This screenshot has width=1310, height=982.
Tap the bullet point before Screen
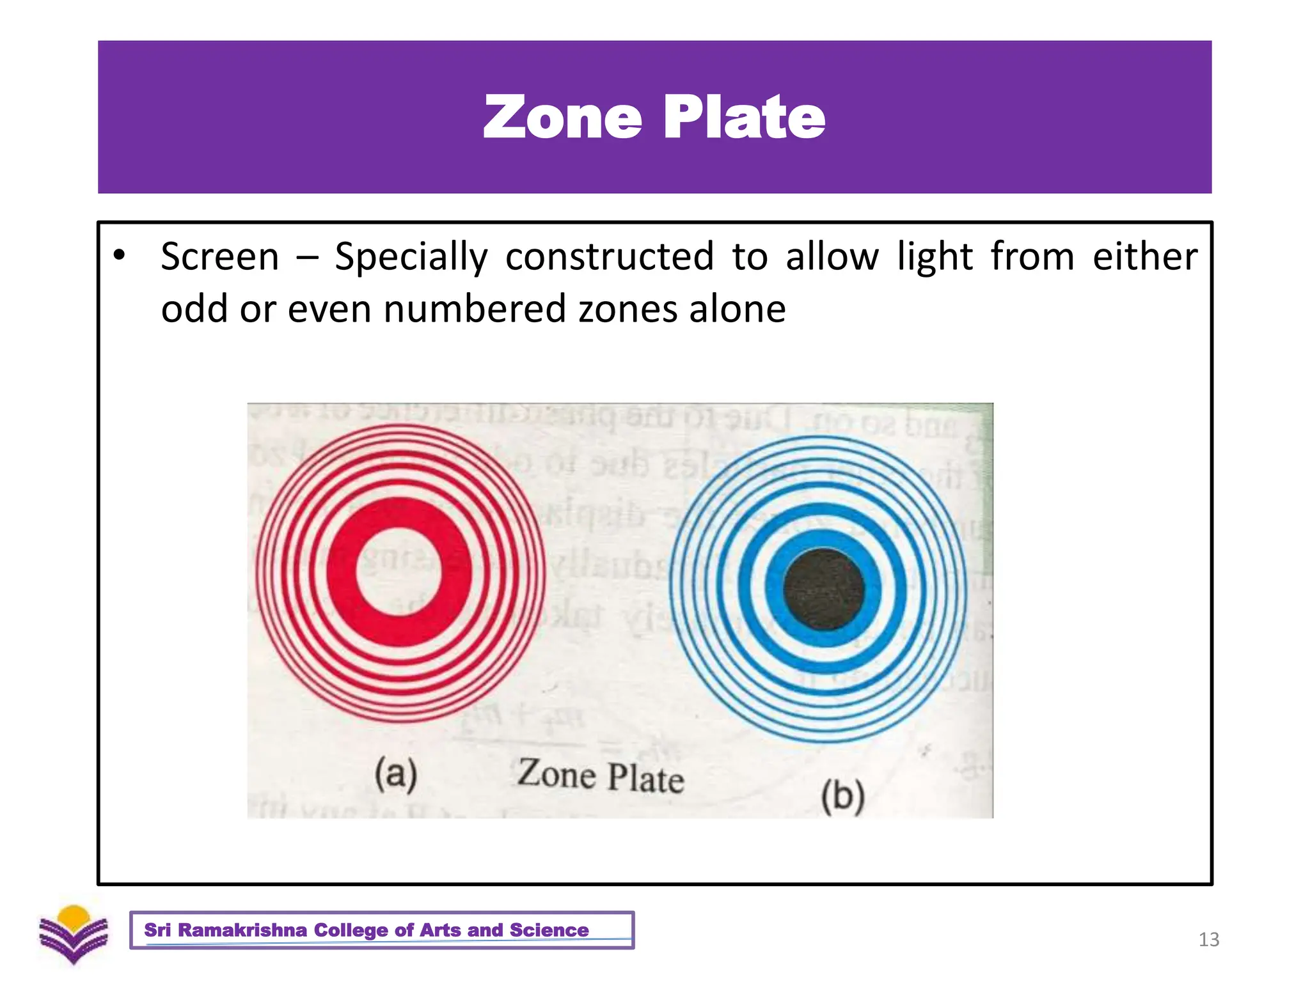click(119, 255)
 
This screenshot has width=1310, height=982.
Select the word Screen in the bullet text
click(219, 257)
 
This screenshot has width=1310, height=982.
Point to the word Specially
click(411, 257)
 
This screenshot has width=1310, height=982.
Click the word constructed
click(610, 257)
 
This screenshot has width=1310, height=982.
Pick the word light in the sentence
click(935, 257)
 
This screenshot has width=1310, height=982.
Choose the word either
click(1144, 257)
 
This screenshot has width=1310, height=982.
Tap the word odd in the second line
click(194, 309)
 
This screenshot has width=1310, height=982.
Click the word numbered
click(474, 309)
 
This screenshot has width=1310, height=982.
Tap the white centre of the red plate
click(399, 572)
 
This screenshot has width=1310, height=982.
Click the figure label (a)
click(396, 774)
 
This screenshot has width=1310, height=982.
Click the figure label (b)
click(843, 797)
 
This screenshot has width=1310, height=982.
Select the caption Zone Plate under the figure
click(601, 776)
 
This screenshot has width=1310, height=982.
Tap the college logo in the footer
click(74, 934)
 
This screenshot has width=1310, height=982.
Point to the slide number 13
click(1208, 939)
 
